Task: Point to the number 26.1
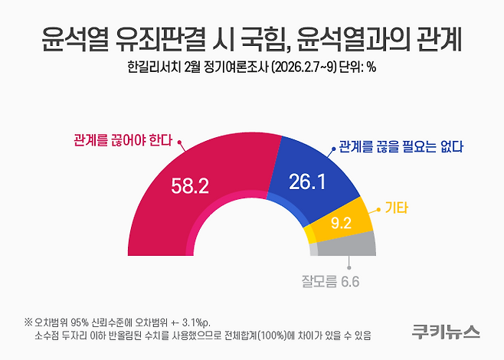point(308,181)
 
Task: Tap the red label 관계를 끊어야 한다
point(123,142)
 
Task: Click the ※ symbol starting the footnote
point(28,321)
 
